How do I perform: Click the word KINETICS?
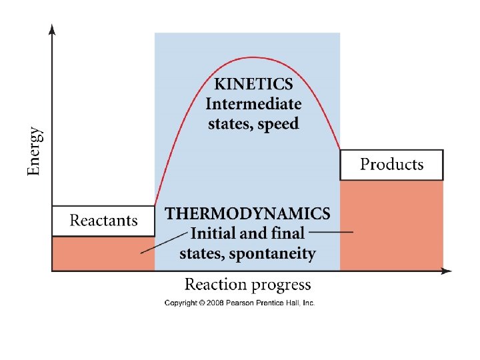coord(253,85)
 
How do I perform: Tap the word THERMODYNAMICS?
coord(247,214)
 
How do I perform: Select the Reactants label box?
coord(103,221)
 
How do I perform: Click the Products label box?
coord(391,165)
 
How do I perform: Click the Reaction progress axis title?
coord(247,285)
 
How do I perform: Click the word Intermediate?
coord(253,104)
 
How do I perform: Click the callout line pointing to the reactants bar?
coord(164,242)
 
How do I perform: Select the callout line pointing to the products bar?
coord(331,232)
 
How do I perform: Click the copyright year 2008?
coord(208,303)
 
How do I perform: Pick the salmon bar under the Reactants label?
coord(103,253)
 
